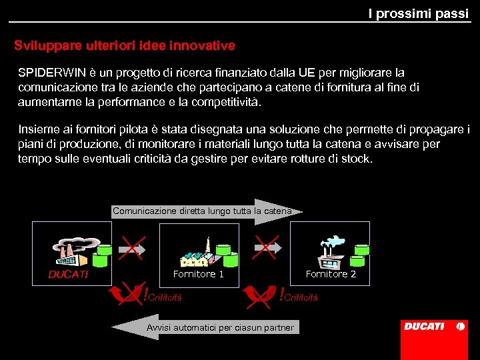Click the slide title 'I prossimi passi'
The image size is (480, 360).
(418, 13)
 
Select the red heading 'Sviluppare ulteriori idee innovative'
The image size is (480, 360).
(125, 46)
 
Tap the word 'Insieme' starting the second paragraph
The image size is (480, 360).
(38, 129)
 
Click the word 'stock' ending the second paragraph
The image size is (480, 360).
(356, 159)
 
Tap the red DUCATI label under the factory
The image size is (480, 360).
(68, 274)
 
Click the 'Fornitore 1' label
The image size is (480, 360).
(198, 274)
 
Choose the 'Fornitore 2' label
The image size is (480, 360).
(331, 274)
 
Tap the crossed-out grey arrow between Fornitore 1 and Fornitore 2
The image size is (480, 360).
(265, 248)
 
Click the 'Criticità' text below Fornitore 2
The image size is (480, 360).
(301, 297)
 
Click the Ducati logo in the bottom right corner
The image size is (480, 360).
(433, 327)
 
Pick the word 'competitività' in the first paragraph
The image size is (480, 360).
(226, 103)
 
